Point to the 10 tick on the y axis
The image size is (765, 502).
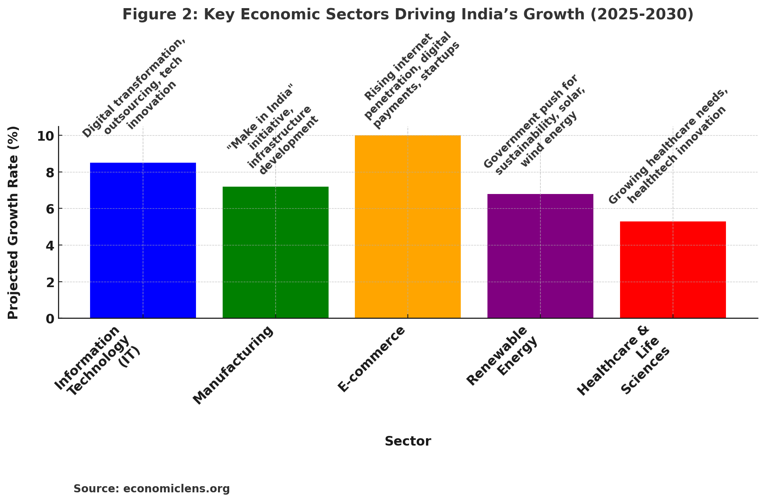coord(45,136)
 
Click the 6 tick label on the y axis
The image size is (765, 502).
coord(49,209)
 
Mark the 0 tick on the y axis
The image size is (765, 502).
coord(49,319)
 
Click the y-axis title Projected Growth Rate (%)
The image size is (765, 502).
coord(14,223)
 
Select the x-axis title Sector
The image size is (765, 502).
coord(407,441)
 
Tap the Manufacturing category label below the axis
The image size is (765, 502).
coord(233,365)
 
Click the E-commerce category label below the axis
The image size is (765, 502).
coord(371,359)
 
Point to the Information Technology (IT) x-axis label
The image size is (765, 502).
coord(97,362)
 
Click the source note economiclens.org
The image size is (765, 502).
coord(152,489)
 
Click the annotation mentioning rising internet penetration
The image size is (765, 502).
coord(412,81)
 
